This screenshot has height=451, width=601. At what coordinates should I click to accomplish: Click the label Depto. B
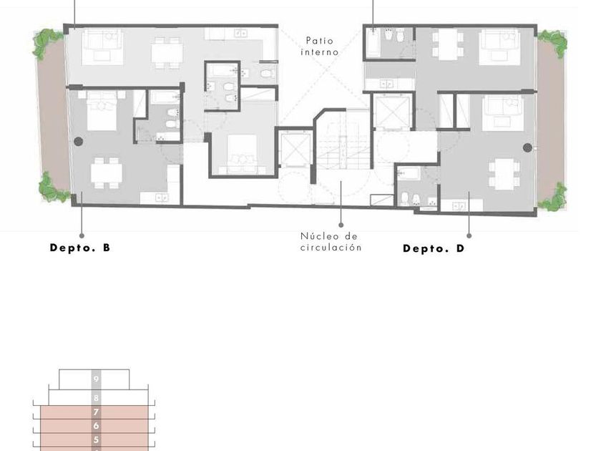(80, 248)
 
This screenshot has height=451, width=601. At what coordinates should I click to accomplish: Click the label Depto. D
(434, 248)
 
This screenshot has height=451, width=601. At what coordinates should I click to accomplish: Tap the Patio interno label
(320, 47)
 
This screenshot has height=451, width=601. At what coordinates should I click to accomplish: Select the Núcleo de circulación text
(331, 242)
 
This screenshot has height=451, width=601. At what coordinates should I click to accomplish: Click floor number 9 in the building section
(96, 379)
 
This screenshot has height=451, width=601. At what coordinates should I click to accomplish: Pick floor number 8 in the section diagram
(96, 398)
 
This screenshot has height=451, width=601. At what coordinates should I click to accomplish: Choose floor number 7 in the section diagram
(96, 412)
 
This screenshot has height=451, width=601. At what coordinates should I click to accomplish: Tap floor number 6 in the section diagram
(96, 426)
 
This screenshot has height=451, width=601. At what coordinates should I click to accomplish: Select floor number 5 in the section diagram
(96, 440)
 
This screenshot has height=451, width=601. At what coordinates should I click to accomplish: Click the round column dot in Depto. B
(78, 142)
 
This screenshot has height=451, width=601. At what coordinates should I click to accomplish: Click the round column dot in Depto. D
(527, 147)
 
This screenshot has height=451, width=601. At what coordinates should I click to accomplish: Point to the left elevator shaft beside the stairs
(295, 149)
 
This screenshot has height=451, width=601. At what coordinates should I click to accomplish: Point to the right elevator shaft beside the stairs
(392, 112)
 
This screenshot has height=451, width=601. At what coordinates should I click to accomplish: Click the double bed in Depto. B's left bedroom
(102, 110)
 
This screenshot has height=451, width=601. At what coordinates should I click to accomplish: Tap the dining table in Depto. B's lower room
(107, 173)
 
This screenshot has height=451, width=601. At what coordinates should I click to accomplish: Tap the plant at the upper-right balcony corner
(552, 44)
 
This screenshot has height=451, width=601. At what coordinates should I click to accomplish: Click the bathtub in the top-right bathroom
(373, 42)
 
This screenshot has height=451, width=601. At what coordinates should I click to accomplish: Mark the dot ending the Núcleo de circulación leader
(341, 225)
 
